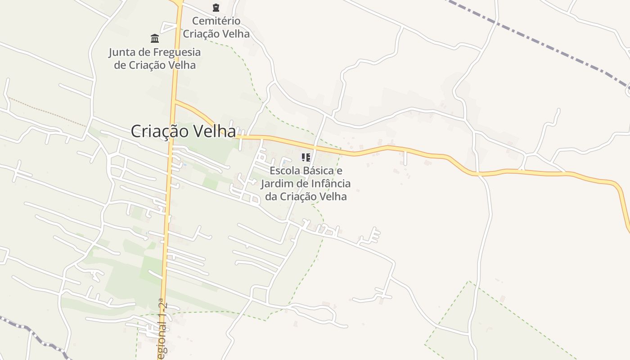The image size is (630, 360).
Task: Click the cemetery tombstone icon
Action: point(216,7)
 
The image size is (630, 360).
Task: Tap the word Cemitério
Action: point(216,21)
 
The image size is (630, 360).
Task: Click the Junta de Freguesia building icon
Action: point(155,38)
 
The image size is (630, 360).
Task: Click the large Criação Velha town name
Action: point(183,131)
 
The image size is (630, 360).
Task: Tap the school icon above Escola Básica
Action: point(306,157)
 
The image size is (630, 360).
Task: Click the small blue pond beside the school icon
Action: point(284,162)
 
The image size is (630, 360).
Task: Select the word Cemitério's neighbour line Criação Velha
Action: point(216,34)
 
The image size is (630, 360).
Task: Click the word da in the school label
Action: point(271,197)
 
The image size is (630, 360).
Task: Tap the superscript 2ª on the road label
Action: point(162,304)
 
